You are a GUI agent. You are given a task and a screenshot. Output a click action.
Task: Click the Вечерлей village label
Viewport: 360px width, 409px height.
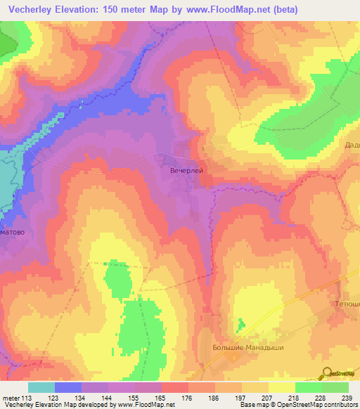186,169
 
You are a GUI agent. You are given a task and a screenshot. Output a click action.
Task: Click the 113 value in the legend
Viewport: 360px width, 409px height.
28,398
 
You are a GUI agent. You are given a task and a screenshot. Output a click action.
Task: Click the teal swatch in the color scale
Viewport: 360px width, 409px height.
41,387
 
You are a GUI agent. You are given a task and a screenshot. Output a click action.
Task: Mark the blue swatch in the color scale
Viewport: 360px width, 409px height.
68,387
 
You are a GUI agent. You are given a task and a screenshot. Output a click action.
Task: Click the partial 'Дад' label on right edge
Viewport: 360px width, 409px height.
352,145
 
